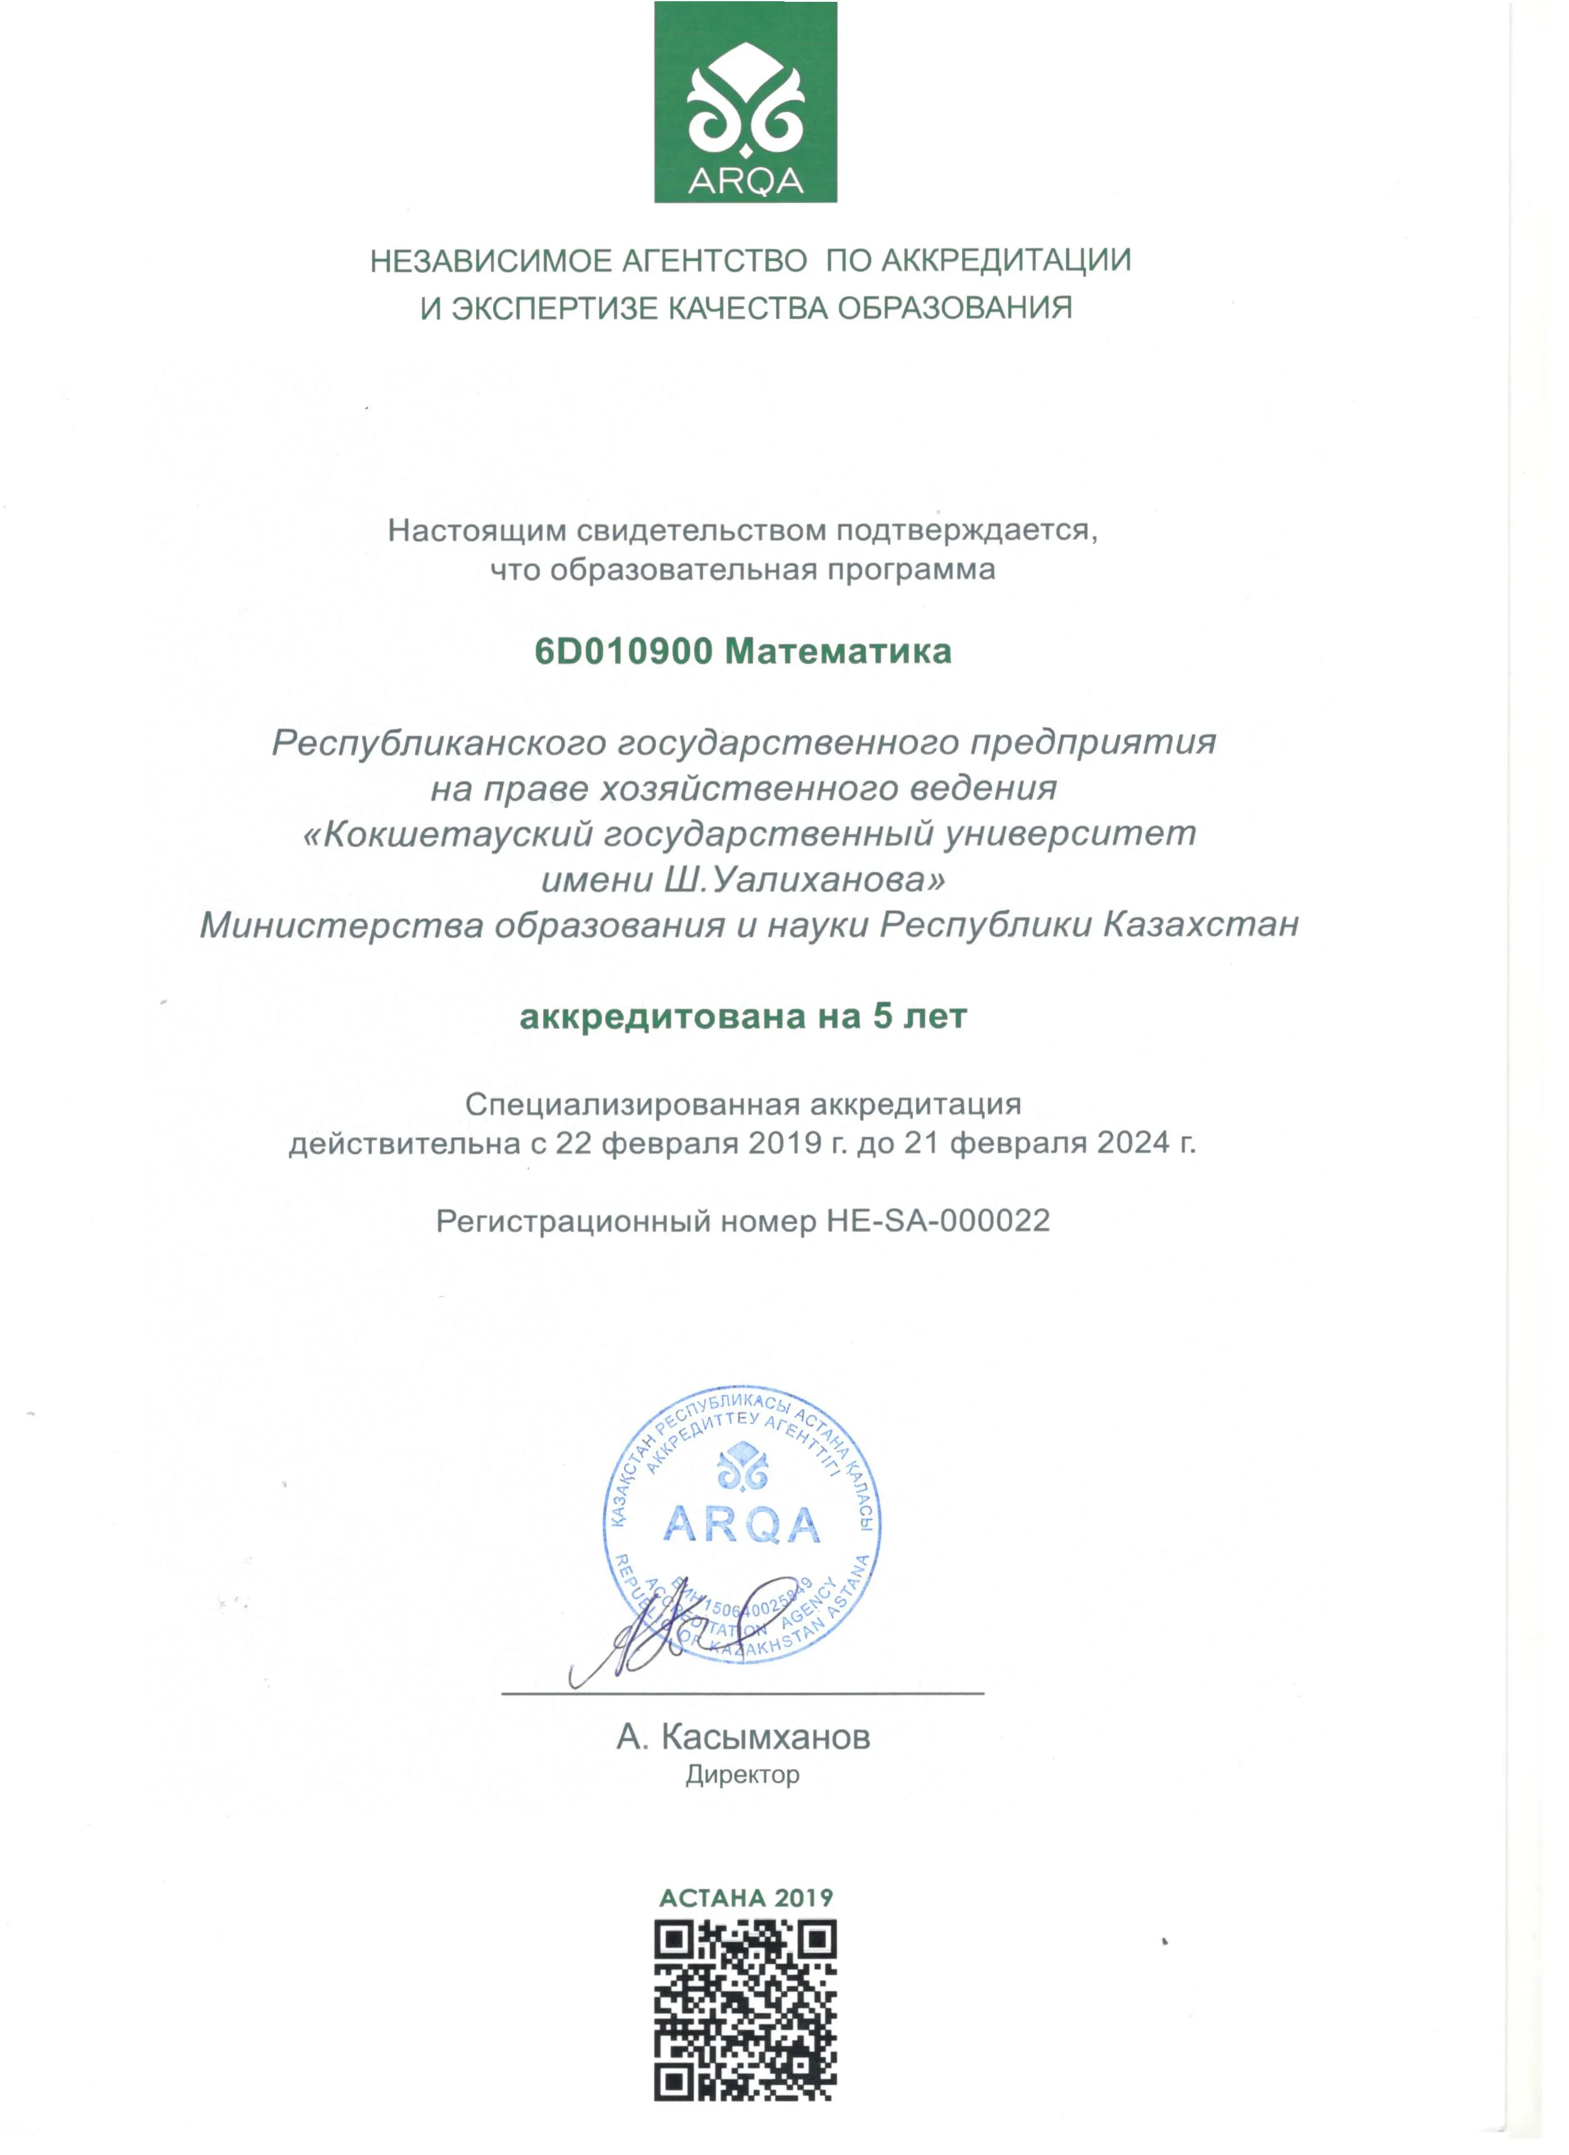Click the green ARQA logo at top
(745, 102)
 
